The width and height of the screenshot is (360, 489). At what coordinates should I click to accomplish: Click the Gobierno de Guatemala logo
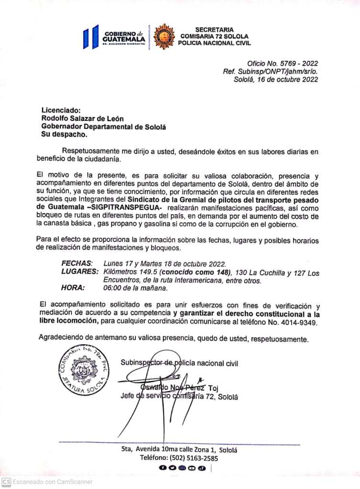click(114, 36)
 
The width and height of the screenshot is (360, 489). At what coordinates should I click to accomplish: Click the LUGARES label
click(80, 272)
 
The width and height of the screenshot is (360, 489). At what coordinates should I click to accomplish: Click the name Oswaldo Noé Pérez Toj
click(180, 388)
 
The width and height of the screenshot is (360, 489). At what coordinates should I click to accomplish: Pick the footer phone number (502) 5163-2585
click(179, 458)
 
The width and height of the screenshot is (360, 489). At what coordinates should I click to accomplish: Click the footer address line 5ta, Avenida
click(179, 449)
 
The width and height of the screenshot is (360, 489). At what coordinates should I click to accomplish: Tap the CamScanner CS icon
click(6, 482)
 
